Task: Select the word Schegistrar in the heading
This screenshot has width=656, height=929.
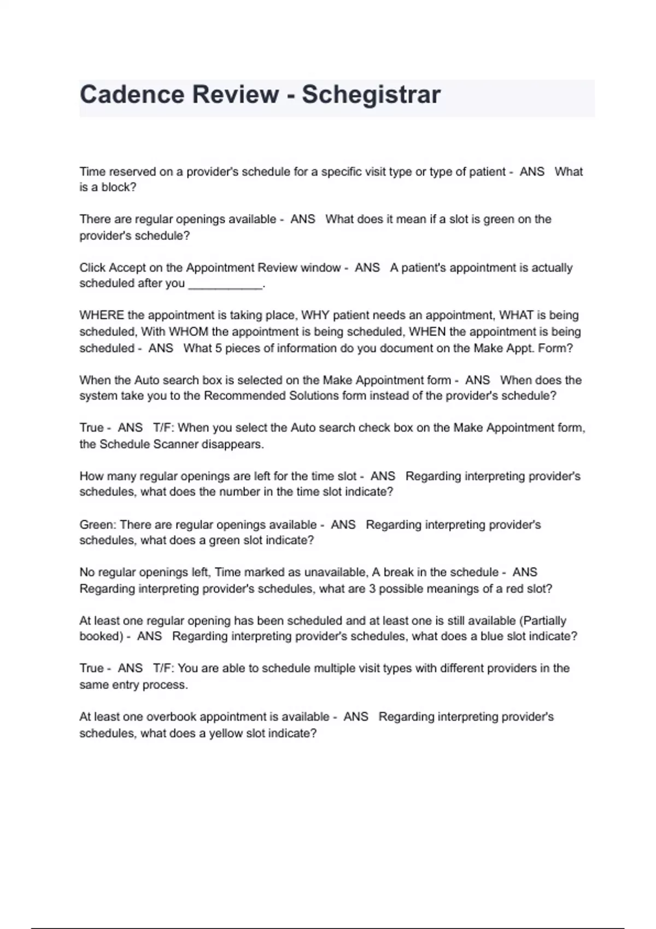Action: tap(371, 95)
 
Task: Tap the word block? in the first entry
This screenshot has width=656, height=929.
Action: tap(119, 187)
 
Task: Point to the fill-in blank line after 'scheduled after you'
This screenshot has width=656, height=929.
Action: tap(225, 284)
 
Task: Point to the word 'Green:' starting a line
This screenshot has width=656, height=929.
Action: tap(98, 525)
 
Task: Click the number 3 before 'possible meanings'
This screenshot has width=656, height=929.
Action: tap(372, 589)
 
